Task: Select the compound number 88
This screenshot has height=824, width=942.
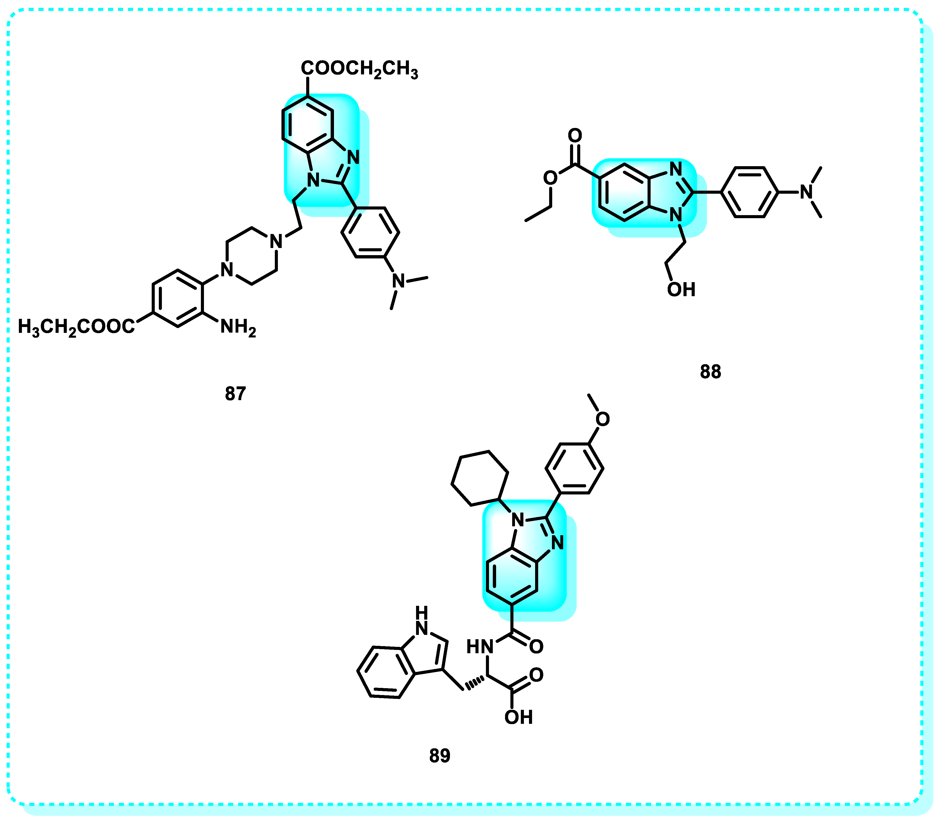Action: [710, 372]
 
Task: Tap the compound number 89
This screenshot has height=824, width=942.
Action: [440, 755]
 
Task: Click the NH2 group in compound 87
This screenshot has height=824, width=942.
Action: [238, 328]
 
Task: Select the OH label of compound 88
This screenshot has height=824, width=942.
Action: [681, 290]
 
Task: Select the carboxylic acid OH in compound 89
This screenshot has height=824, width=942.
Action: [518, 717]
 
